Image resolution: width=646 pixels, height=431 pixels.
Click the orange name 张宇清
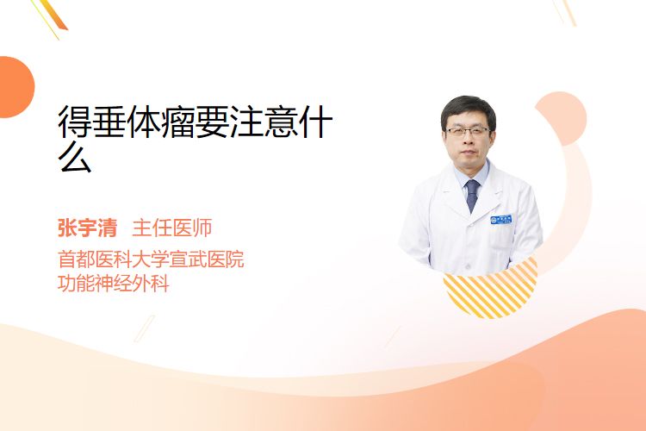(87, 228)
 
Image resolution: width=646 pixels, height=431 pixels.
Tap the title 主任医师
(171, 228)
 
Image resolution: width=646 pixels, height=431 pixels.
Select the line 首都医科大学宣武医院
(151, 259)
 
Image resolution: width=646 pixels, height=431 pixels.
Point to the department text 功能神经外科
(114, 284)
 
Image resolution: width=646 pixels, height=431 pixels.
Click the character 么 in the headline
(75, 157)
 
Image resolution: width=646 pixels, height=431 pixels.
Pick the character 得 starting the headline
(75, 122)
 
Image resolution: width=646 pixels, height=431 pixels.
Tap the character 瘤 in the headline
(177, 122)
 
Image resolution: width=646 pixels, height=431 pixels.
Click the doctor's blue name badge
(501, 220)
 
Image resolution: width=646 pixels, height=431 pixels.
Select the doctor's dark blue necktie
(472, 195)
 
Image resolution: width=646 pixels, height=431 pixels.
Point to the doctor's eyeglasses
(468, 132)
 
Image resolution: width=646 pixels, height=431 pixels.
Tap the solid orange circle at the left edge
(16, 87)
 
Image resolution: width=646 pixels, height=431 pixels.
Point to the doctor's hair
(468, 108)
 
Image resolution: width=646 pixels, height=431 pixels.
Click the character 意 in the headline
(281, 122)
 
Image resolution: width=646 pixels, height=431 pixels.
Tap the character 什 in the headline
(315, 122)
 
